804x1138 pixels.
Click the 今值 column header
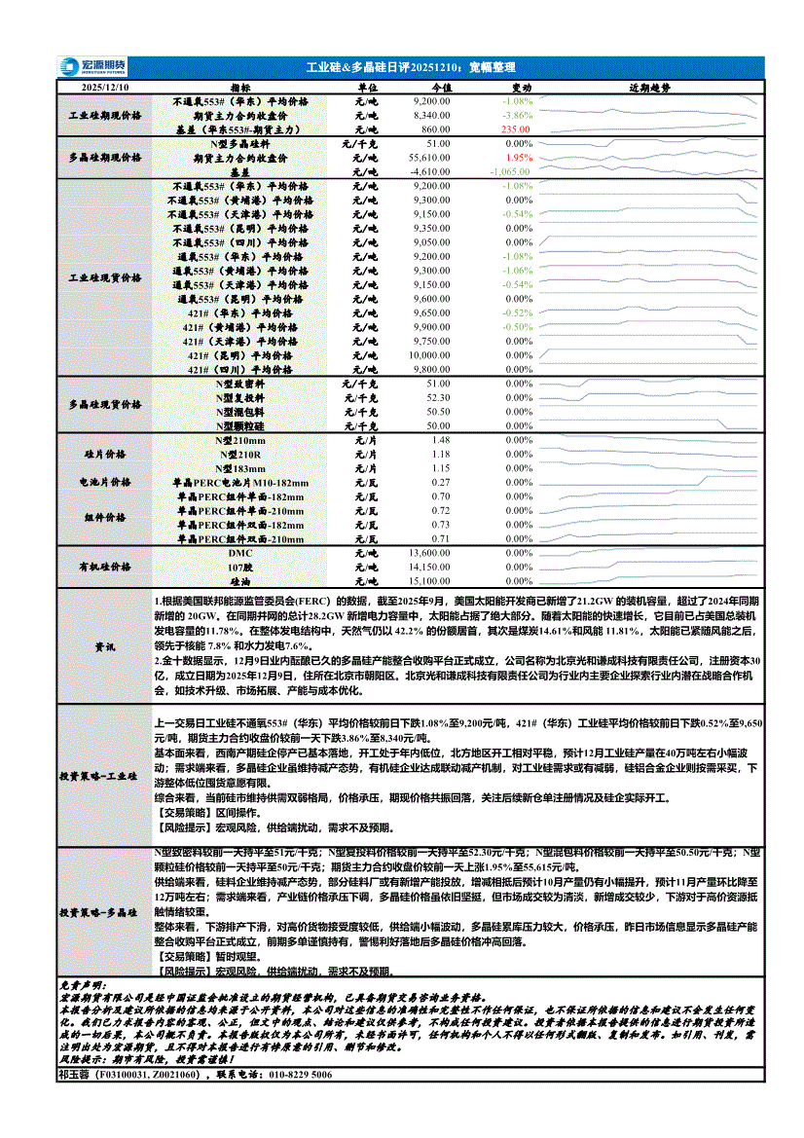[x=441, y=87]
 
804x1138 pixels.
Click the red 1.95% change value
[x=520, y=157]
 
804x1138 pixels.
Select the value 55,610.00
[x=429, y=157]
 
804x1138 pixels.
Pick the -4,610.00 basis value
[x=429, y=170]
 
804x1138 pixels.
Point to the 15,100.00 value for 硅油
[x=429, y=580]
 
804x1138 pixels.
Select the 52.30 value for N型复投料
[x=438, y=397]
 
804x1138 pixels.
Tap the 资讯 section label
[x=104, y=646]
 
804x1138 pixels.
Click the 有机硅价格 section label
[x=104, y=567]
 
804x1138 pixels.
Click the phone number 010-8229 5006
[x=291, y=1075]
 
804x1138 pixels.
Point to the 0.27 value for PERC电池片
[x=441, y=483]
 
